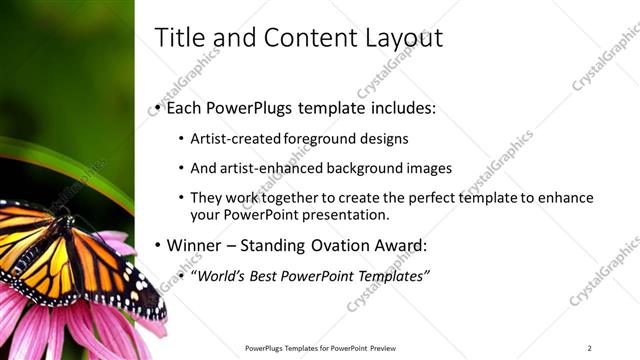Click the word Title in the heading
click(x=179, y=37)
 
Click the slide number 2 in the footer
click(x=590, y=348)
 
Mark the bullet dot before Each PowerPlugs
click(x=158, y=108)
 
